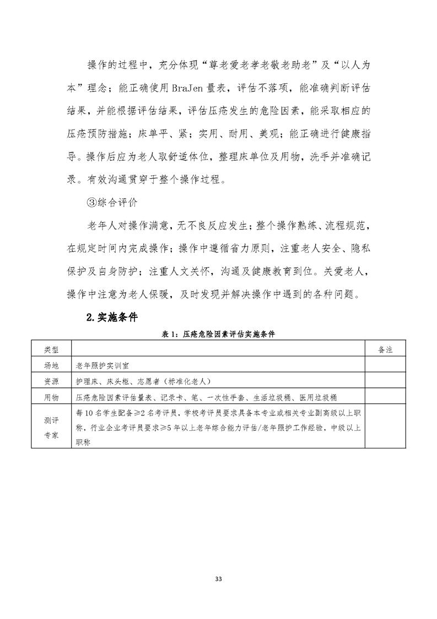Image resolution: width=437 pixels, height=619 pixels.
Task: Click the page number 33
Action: [x=218, y=579]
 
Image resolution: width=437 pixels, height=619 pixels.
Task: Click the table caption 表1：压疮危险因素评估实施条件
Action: [x=218, y=334]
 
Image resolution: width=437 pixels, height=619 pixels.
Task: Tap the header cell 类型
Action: [x=51, y=350]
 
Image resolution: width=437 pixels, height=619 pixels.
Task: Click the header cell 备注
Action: [x=386, y=350]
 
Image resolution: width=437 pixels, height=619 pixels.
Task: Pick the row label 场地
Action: [x=51, y=366]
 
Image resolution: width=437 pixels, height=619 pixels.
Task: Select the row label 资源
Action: [x=51, y=381]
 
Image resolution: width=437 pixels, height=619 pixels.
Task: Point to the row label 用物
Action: [x=51, y=397]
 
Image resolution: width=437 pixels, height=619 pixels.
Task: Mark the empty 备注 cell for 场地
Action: [x=386, y=366]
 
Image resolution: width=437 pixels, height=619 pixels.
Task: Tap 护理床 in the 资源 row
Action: [x=90, y=381]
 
